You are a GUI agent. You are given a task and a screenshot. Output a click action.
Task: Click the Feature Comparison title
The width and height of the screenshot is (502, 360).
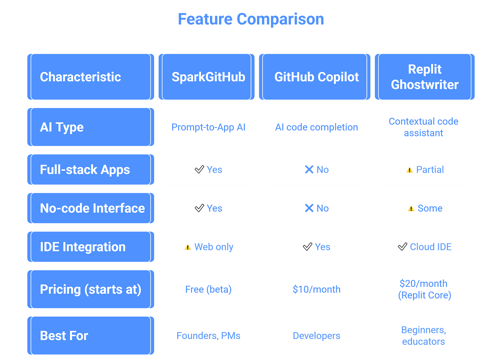251,19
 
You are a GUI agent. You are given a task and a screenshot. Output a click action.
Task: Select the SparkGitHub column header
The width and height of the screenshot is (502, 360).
208,77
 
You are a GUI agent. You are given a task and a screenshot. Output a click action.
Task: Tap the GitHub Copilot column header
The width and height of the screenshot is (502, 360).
316,77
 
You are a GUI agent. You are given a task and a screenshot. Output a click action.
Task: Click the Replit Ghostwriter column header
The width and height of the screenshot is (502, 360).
424,77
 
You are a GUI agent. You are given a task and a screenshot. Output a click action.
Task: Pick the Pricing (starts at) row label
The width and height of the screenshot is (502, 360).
90,289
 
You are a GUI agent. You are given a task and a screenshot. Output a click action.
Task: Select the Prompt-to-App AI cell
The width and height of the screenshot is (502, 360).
208,127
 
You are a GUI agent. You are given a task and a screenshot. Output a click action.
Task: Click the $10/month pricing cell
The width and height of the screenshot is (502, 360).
316,289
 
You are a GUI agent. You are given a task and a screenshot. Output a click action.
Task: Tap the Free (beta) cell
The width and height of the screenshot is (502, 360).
208,289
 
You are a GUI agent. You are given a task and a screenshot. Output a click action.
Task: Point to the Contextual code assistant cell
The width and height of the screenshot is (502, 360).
424,127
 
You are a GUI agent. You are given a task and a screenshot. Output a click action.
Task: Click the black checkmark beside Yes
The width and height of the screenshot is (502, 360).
199,208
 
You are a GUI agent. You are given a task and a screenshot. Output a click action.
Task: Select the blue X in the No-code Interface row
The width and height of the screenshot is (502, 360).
309,208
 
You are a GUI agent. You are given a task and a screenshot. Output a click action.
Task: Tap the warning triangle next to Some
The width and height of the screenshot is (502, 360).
411,209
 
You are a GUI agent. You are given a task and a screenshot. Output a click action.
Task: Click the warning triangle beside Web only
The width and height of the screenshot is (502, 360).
188,247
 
